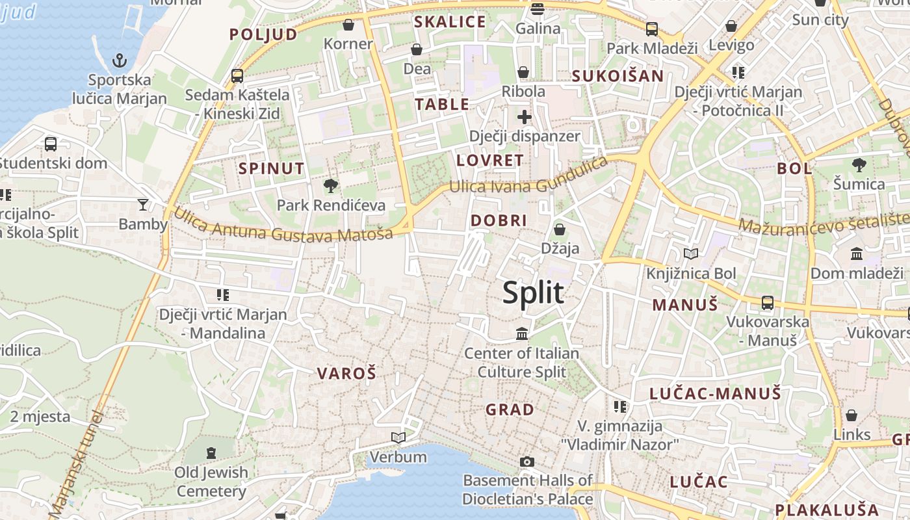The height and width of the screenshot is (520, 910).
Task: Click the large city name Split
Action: (x=533, y=293)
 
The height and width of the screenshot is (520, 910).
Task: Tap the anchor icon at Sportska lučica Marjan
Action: (x=120, y=61)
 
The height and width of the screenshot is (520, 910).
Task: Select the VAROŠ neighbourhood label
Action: (x=346, y=373)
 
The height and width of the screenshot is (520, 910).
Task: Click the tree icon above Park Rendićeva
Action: (x=331, y=187)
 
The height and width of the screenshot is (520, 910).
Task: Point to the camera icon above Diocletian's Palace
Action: (x=527, y=461)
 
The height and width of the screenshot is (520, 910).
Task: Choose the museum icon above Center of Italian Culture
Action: (x=521, y=334)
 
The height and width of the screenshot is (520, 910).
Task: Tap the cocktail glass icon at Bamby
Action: (x=143, y=205)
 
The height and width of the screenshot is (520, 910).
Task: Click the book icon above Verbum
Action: (x=398, y=437)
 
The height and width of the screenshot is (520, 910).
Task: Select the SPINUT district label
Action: (x=271, y=168)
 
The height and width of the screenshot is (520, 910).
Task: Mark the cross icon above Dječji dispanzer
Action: (x=524, y=117)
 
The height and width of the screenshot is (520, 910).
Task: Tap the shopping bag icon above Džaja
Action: (x=560, y=229)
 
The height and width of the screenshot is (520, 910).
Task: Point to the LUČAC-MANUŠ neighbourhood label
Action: (x=715, y=393)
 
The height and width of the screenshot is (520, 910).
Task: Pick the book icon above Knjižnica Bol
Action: (x=691, y=253)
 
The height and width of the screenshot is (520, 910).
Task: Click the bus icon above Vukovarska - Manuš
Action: (x=768, y=302)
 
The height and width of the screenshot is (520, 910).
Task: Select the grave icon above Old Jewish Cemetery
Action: (x=211, y=452)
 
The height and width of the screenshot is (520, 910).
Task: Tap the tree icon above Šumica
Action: (x=859, y=165)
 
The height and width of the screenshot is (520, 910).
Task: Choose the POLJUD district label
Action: (x=263, y=34)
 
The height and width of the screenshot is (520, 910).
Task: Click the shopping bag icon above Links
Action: (x=851, y=415)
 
